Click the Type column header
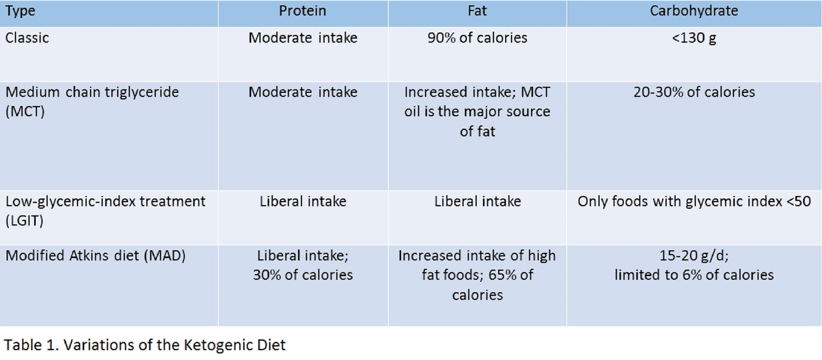pyautogui.click(x=20, y=11)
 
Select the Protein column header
pyautogui.click(x=302, y=11)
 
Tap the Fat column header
pyautogui.click(x=477, y=11)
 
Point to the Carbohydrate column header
pyautogui.click(x=694, y=11)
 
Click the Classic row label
pyautogui.click(x=27, y=38)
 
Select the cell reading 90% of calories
pyautogui.click(x=477, y=38)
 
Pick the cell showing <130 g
pyautogui.click(x=694, y=38)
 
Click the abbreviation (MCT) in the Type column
pyautogui.click(x=25, y=111)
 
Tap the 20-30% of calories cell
pyautogui.click(x=694, y=92)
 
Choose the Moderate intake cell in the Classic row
pyautogui.click(x=302, y=38)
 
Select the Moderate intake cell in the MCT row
pyautogui.click(x=302, y=92)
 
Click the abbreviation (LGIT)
pyautogui.click(x=24, y=221)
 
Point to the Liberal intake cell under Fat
pyautogui.click(x=477, y=201)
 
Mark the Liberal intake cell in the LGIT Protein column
pyautogui.click(x=302, y=201)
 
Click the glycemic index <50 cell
pyautogui.click(x=694, y=201)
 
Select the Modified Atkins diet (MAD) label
pyautogui.click(x=95, y=256)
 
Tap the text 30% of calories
pyautogui.click(x=302, y=275)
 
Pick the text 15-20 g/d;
pyautogui.click(x=694, y=256)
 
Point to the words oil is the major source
pyautogui.click(x=477, y=111)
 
